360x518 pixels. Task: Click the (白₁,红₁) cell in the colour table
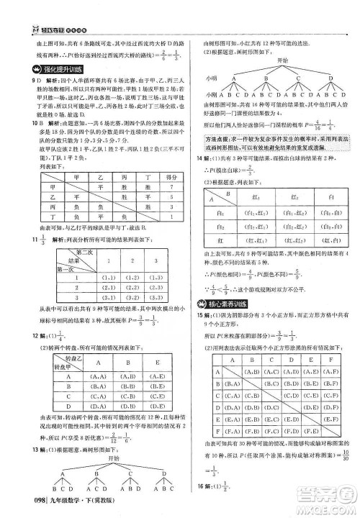[x=248, y=214]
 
